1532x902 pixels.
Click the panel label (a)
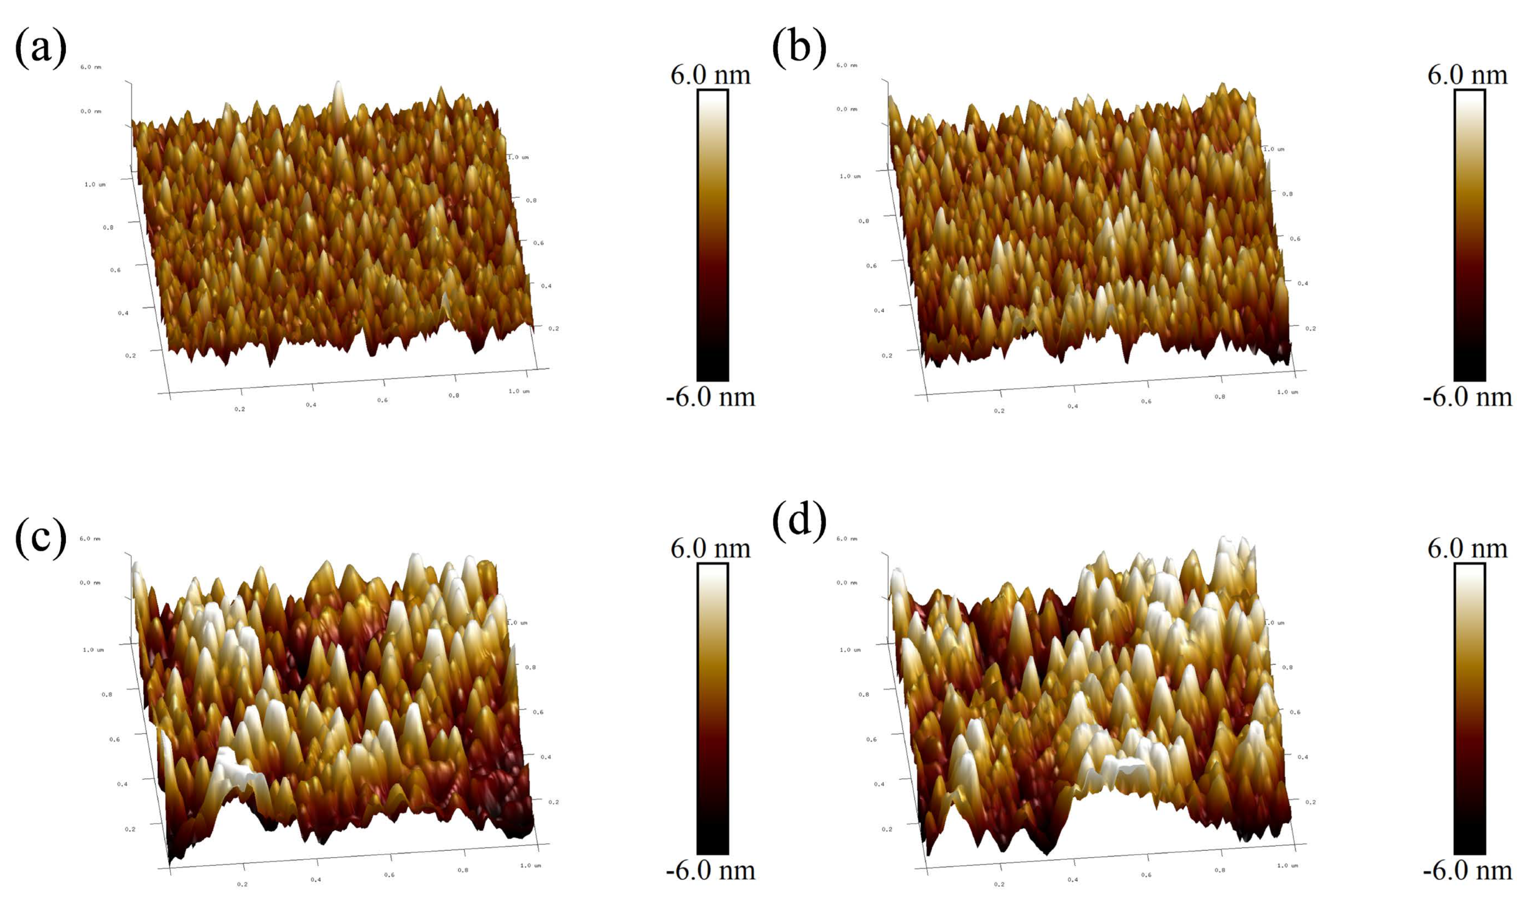tap(40, 47)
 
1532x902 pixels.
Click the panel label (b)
tap(799, 47)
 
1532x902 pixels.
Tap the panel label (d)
tap(799, 520)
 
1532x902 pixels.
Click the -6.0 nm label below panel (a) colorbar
tap(710, 397)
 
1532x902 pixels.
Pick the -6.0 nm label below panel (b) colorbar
tap(1467, 397)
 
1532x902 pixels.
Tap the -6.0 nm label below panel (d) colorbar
tap(1467, 870)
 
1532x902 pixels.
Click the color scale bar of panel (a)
tap(712, 235)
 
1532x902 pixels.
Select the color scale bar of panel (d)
tap(1469, 709)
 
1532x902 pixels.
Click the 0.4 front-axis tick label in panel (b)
tap(1072, 406)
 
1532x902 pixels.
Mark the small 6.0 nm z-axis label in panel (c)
tap(90, 539)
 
